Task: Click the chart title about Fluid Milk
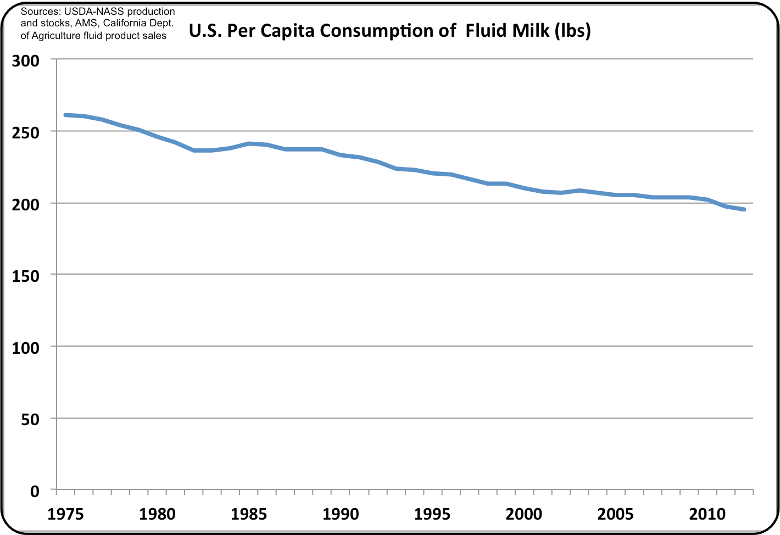(x=389, y=31)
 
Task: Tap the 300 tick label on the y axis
(x=26, y=60)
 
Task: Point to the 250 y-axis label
(x=26, y=132)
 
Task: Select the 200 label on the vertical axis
(x=26, y=204)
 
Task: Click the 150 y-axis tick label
(x=26, y=276)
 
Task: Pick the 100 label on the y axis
(x=26, y=348)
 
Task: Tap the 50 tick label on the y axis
(x=31, y=420)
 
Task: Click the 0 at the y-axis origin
(x=35, y=491)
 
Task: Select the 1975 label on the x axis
(x=66, y=515)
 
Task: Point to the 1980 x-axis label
(x=157, y=515)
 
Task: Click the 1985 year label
(x=249, y=515)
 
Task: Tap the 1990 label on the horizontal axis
(x=341, y=515)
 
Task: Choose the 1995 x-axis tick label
(x=432, y=515)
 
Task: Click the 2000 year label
(x=523, y=515)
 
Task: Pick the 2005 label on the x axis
(x=615, y=515)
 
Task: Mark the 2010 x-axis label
(x=707, y=515)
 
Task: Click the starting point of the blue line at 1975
(x=65, y=115)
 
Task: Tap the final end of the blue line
(x=744, y=209)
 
